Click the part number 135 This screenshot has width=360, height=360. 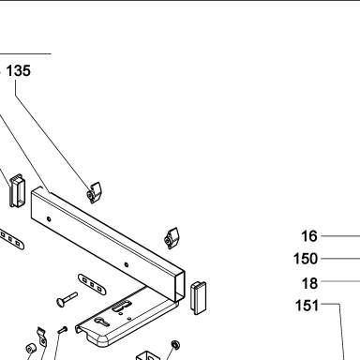tap(19, 70)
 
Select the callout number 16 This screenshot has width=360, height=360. tap(309, 236)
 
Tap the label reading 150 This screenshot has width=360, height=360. tap(306, 259)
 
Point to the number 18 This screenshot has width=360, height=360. tap(309, 283)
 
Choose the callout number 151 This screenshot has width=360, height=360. tap(307, 305)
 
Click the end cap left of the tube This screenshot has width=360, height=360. tap(16, 190)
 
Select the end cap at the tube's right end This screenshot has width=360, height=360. tap(199, 298)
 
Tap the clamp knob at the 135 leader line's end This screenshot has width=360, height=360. tap(95, 192)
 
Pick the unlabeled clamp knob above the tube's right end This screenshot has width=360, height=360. tap(172, 238)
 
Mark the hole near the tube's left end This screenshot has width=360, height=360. tap(49, 218)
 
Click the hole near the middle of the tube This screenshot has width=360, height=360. tap(127, 264)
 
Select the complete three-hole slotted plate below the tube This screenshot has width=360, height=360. tap(92, 284)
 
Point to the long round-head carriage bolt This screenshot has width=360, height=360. tap(67, 299)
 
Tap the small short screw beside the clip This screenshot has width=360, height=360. tap(63, 329)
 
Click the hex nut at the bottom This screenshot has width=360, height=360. tap(175, 345)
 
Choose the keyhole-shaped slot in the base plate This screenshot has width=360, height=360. tap(102, 322)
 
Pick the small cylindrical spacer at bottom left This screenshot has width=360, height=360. tap(31, 349)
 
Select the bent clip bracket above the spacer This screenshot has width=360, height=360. tap(42, 337)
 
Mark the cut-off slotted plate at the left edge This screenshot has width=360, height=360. tap(11, 240)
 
